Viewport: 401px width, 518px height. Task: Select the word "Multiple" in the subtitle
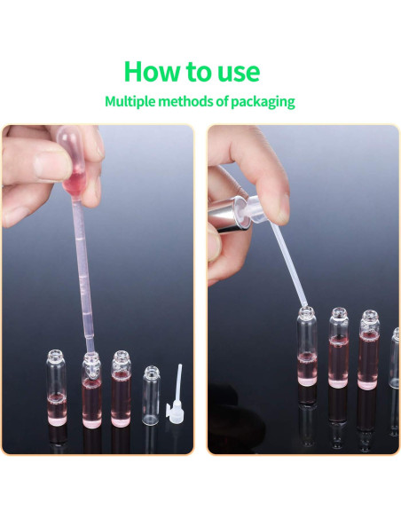pos(131,101)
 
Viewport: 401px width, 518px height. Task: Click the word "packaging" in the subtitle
pos(263,102)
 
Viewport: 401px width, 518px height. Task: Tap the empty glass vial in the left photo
pos(152,394)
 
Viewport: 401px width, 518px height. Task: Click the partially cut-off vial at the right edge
pos(395,355)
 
